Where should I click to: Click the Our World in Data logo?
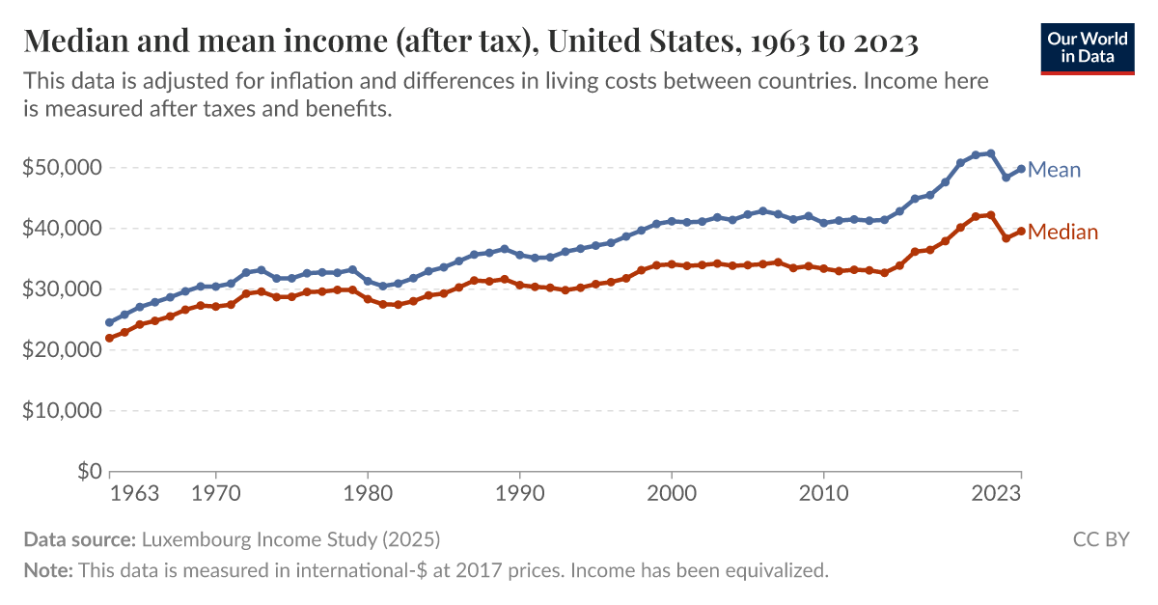pyautogui.click(x=1087, y=46)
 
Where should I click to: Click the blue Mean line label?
pyautogui.click(x=1054, y=170)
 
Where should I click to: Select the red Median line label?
pyautogui.click(x=1062, y=232)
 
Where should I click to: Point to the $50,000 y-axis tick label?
pyautogui.click(x=62, y=168)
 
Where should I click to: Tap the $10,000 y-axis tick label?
pyautogui.click(x=62, y=411)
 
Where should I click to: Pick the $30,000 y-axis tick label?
pyautogui.click(x=62, y=289)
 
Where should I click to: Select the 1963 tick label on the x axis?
pyautogui.click(x=135, y=494)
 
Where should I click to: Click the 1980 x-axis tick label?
pyautogui.click(x=367, y=494)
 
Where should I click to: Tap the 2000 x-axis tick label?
pyautogui.click(x=672, y=494)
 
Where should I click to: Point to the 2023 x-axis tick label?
pyautogui.click(x=996, y=494)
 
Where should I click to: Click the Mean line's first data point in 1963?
pyautogui.click(x=109, y=323)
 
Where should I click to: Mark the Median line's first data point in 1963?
pyautogui.click(x=109, y=339)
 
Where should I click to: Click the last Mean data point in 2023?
pyautogui.click(x=1021, y=169)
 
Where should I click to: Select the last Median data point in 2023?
pyautogui.click(x=1021, y=232)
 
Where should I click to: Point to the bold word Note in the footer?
pyautogui.click(x=46, y=570)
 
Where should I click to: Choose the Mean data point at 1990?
pyautogui.click(x=519, y=255)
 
